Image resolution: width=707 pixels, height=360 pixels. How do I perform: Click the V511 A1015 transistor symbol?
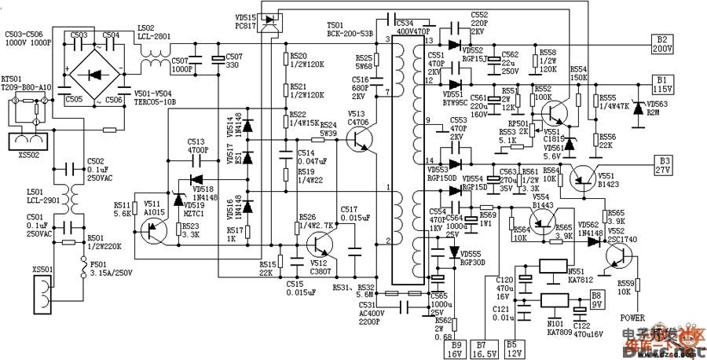[152, 229]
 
